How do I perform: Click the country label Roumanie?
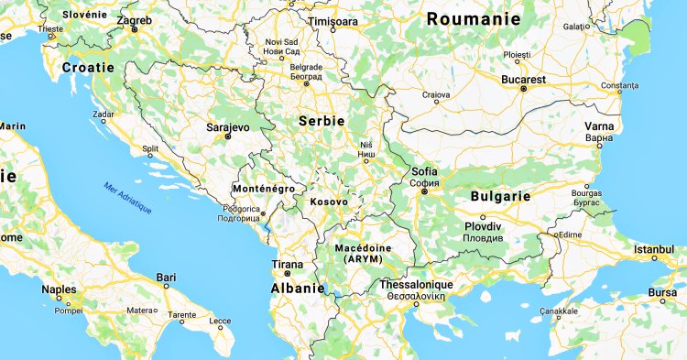tap(474, 19)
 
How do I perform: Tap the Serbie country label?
tap(321, 120)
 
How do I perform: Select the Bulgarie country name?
tap(500, 196)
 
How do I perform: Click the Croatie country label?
tap(88, 68)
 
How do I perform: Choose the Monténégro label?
tap(264, 189)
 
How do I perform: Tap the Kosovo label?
tap(329, 202)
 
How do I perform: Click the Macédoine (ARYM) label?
tap(364, 254)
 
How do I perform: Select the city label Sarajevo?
tap(222, 127)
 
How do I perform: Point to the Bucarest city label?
tap(523, 80)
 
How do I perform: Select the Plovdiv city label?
tap(483, 226)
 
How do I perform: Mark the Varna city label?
tap(600, 127)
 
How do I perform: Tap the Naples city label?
tap(59, 289)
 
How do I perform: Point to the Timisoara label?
tap(333, 19)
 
